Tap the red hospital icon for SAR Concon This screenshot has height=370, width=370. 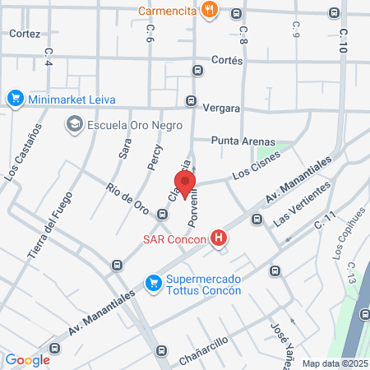(x=219, y=239)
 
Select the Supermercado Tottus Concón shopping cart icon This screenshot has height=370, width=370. (x=153, y=284)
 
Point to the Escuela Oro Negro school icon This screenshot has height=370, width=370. (x=75, y=125)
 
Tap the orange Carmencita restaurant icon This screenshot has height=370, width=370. (x=210, y=10)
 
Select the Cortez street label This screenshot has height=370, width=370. (x=25, y=34)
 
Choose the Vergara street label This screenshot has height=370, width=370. (x=221, y=108)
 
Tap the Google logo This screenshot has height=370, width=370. (x=27, y=359)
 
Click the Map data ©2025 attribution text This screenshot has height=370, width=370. (x=334, y=363)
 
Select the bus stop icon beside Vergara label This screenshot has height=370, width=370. (x=192, y=102)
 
